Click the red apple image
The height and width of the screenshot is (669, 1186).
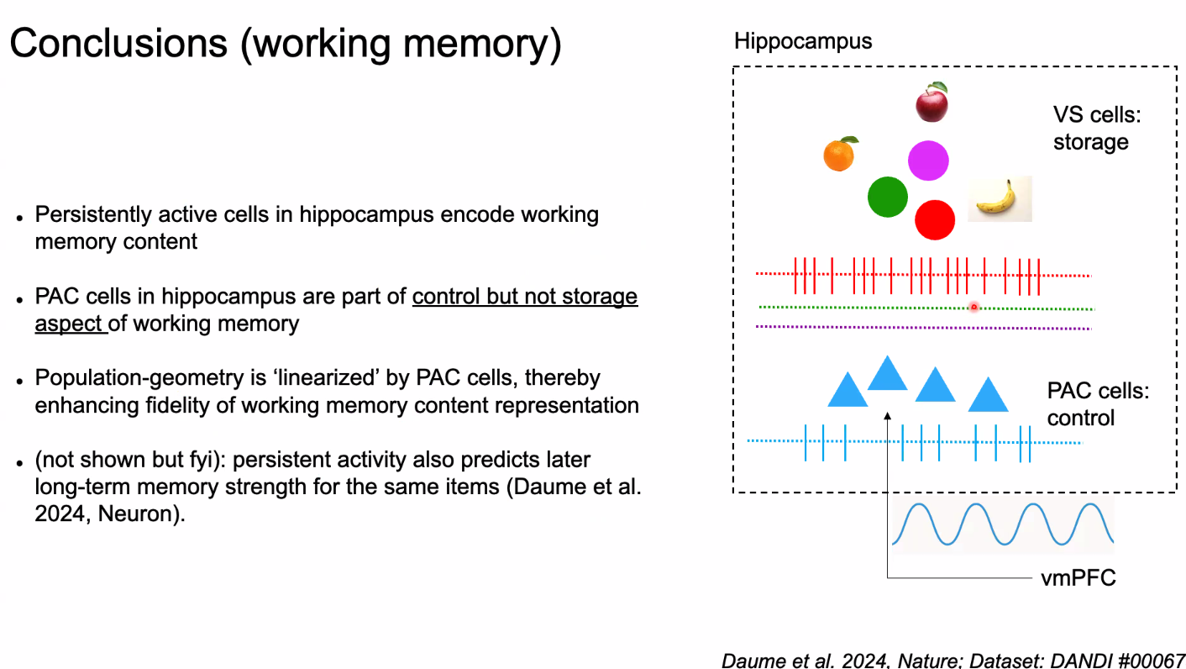click(x=931, y=103)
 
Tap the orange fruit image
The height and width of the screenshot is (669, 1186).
click(x=838, y=154)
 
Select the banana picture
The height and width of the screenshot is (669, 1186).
click(x=999, y=198)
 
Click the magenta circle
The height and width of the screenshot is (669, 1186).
click(x=928, y=161)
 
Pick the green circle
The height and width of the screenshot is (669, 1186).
click(x=888, y=197)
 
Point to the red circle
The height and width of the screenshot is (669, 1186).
click(x=935, y=220)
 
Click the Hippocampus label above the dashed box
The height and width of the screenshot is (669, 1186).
click(x=802, y=41)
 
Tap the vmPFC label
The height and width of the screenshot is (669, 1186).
click(x=1078, y=577)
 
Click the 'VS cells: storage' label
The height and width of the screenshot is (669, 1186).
click(x=1091, y=128)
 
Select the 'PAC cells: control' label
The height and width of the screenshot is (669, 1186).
click(x=1096, y=404)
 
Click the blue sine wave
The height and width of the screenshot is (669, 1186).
click(x=1002, y=524)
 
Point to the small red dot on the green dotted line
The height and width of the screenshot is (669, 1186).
click(x=974, y=308)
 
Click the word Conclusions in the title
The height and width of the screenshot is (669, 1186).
click(x=118, y=43)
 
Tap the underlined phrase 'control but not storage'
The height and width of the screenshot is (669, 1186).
click(x=524, y=297)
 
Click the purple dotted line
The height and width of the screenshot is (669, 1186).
click(x=924, y=327)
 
